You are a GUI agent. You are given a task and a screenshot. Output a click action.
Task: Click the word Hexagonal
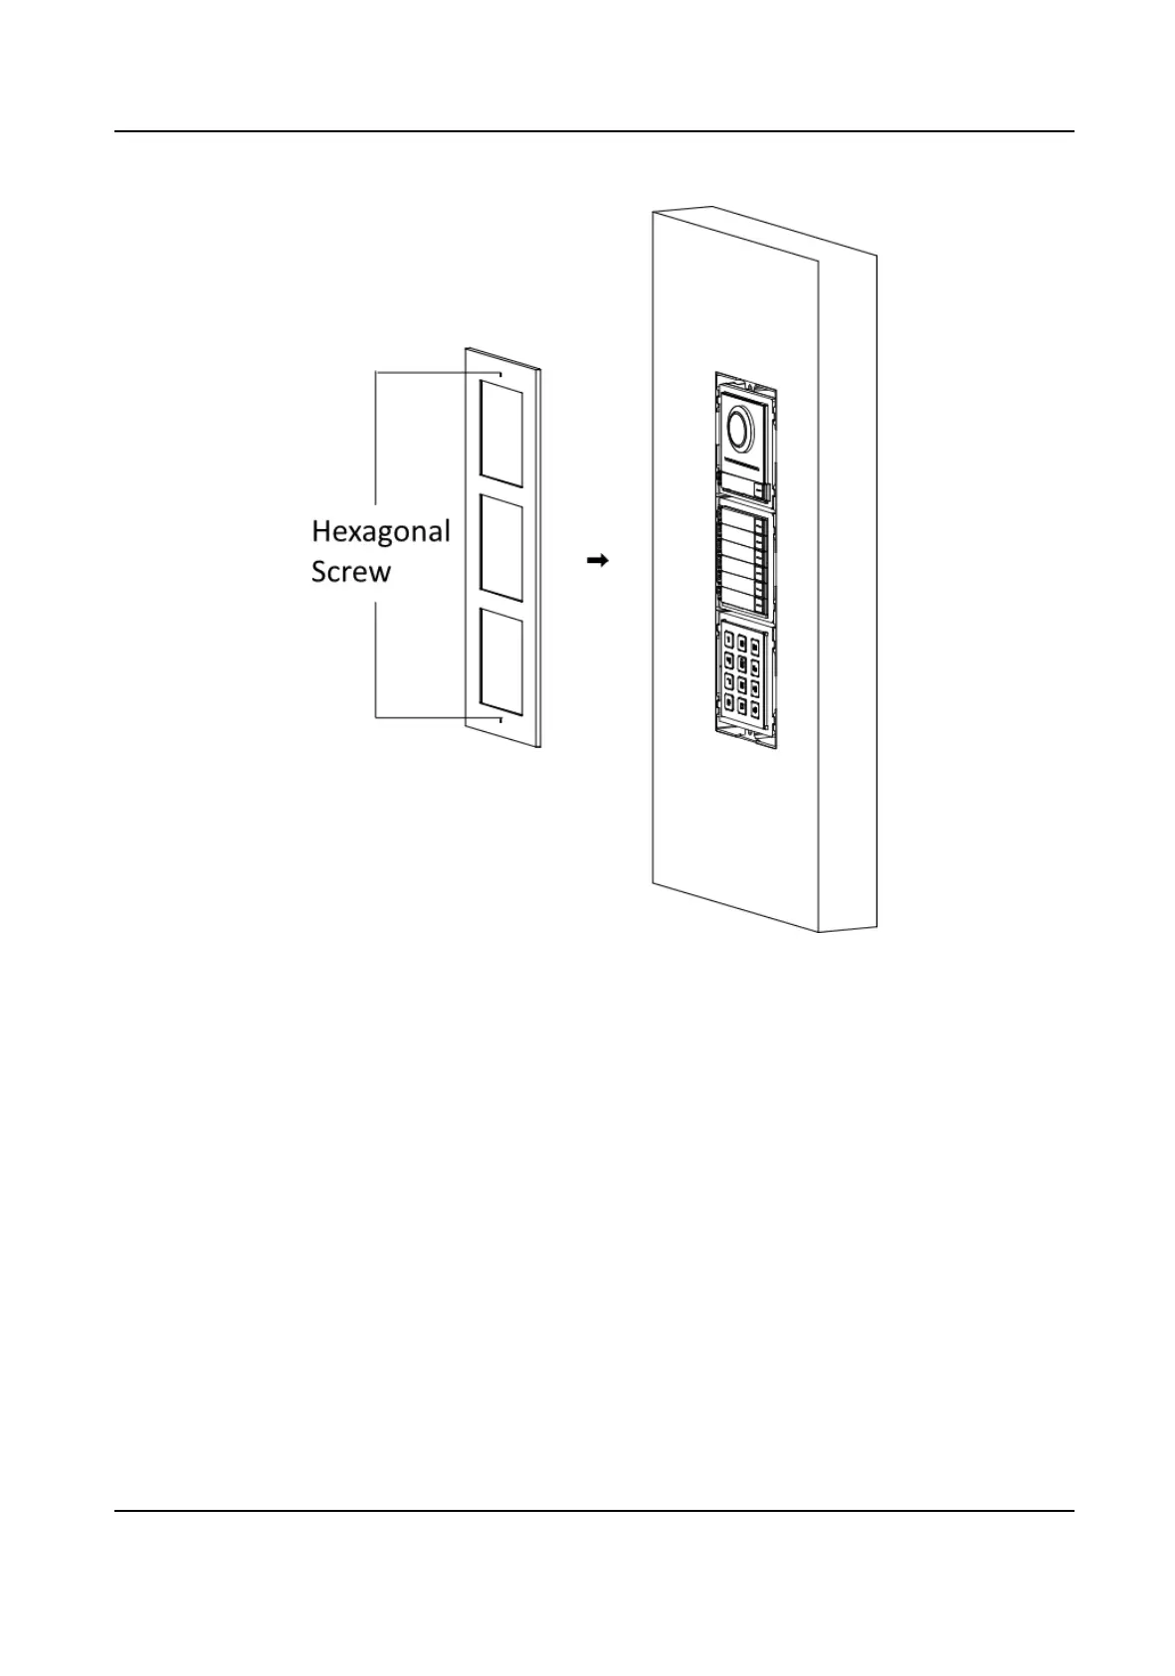pyautogui.click(x=381, y=532)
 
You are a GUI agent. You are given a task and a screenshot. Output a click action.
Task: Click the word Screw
pyautogui.click(x=350, y=573)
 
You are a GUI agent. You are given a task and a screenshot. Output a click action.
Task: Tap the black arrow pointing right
pyautogui.click(x=597, y=561)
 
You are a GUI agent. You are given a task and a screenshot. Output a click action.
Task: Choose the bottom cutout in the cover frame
pyautogui.click(x=501, y=663)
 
